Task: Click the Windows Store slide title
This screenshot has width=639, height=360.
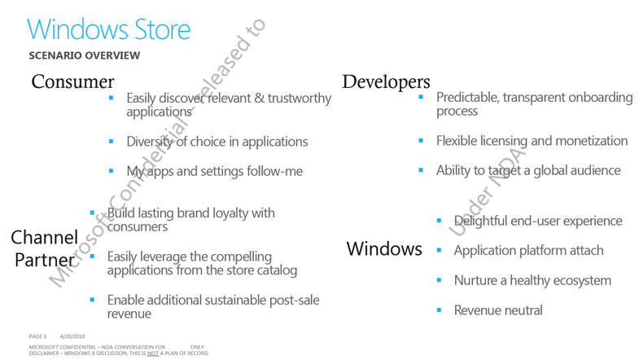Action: coord(109,29)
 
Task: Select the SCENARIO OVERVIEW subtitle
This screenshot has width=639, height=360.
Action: coord(85,55)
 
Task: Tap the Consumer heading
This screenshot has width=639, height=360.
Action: coord(72,81)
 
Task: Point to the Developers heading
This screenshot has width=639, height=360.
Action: coord(386,82)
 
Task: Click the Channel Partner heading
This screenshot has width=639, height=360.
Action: coord(44,248)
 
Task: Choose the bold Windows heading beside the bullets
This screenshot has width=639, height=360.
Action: coord(384,248)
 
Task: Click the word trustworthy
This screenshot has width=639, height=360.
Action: coord(300,99)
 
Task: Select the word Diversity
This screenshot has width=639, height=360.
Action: coord(150,142)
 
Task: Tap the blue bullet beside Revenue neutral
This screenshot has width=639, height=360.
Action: coord(439,310)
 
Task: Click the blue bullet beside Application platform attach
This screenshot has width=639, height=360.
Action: coord(439,250)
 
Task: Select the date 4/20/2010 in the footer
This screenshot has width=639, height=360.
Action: coord(72,336)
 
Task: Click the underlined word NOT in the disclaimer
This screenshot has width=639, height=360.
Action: coord(153,353)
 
